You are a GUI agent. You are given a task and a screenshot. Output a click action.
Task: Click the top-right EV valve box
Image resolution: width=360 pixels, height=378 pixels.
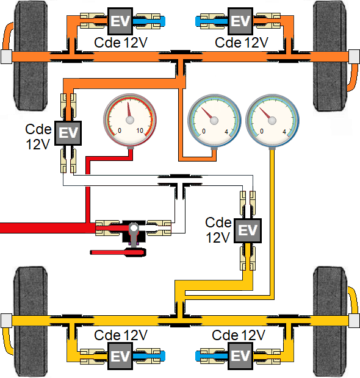(x=242, y=21)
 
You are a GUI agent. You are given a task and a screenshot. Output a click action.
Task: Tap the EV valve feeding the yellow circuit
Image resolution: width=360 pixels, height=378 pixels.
(x=248, y=230)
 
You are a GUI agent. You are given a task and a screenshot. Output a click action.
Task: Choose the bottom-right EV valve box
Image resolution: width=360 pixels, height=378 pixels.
(x=241, y=355)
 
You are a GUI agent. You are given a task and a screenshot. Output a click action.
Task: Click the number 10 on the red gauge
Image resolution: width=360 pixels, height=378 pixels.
(x=140, y=131)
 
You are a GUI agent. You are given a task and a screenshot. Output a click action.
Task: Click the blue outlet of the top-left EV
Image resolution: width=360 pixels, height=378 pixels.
(x=153, y=21)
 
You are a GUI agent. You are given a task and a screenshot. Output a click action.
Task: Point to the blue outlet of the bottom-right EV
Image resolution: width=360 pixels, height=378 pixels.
(x=207, y=355)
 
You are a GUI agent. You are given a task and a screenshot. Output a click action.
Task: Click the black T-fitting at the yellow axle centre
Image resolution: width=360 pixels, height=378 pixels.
(x=181, y=319)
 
